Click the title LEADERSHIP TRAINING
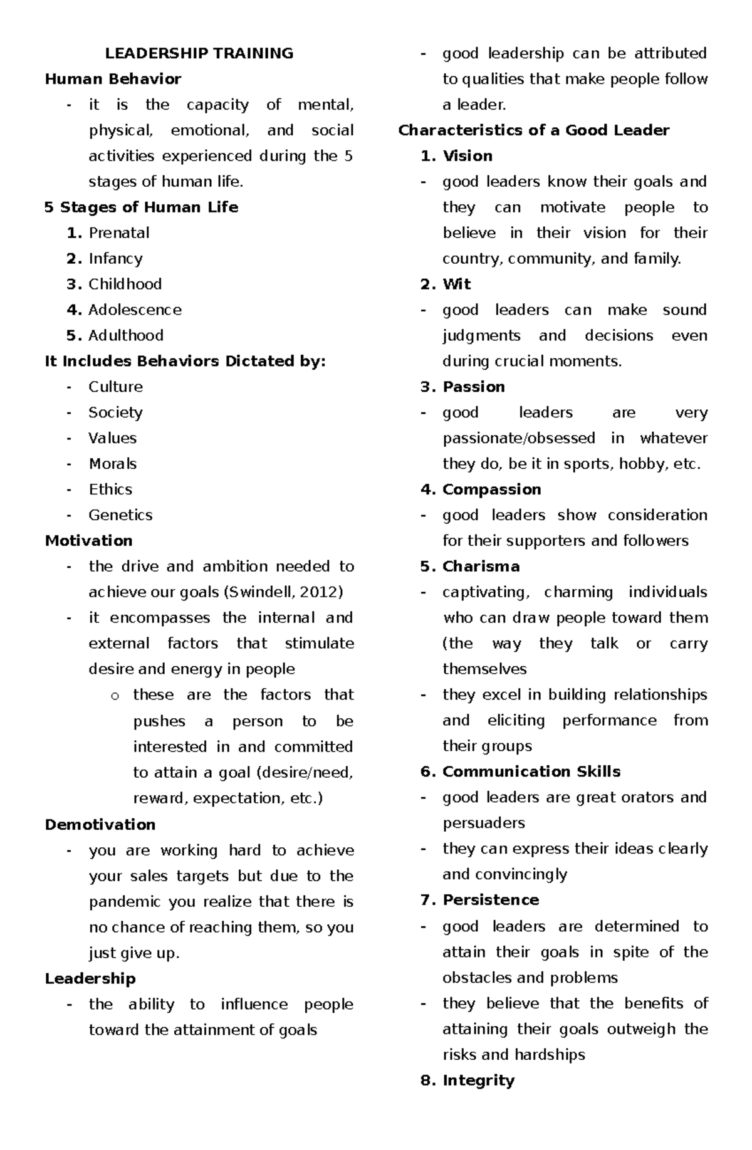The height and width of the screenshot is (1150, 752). [x=199, y=53]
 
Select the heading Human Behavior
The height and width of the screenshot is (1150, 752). [x=113, y=79]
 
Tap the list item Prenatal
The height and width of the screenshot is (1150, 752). [x=119, y=233]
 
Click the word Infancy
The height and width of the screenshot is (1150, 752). [x=115, y=259]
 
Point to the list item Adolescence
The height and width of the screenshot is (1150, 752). [x=135, y=310]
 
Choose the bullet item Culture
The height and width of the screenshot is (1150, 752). [x=115, y=387]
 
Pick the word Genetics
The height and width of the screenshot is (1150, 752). [x=120, y=515]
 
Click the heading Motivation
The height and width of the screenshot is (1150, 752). [x=88, y=541]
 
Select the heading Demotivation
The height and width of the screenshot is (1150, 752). [x=100, y=825]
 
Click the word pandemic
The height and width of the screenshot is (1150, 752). [x=125, y=902]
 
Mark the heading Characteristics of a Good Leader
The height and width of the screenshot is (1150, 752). [x=533, y=130]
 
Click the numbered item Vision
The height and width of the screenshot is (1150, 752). [x=467, y=156]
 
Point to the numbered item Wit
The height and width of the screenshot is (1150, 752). [x=457, y=285]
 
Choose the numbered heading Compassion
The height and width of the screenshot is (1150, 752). [x=491, y=489]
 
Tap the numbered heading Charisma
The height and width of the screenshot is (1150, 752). [x=481, y=567]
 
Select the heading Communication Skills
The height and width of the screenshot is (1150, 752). [x=531, y=771]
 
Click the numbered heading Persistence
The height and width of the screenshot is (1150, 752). [x=491, y=900]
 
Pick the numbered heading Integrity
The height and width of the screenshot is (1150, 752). [x=478, y=1080]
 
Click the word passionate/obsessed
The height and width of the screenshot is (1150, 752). [x=519, y=438]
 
